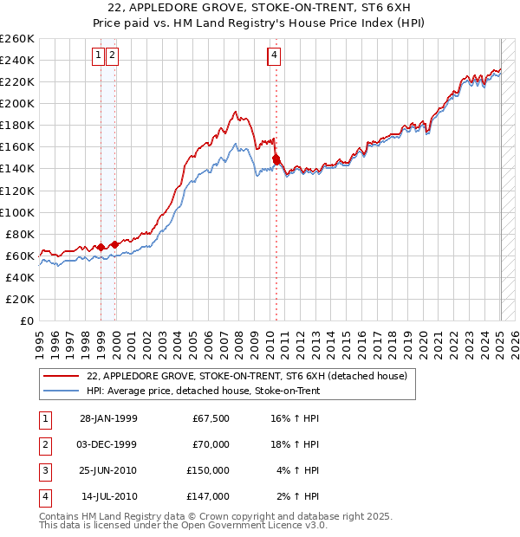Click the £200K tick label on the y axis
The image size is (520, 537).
[x=16, y=103]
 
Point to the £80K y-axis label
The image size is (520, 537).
[x=19, y=234]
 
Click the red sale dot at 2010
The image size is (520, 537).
[x=276, y=159]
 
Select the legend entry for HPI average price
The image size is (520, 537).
[x=203, y=391]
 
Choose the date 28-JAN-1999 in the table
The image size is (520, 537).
[x=108, y=418]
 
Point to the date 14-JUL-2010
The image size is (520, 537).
[x=108, y=496]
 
